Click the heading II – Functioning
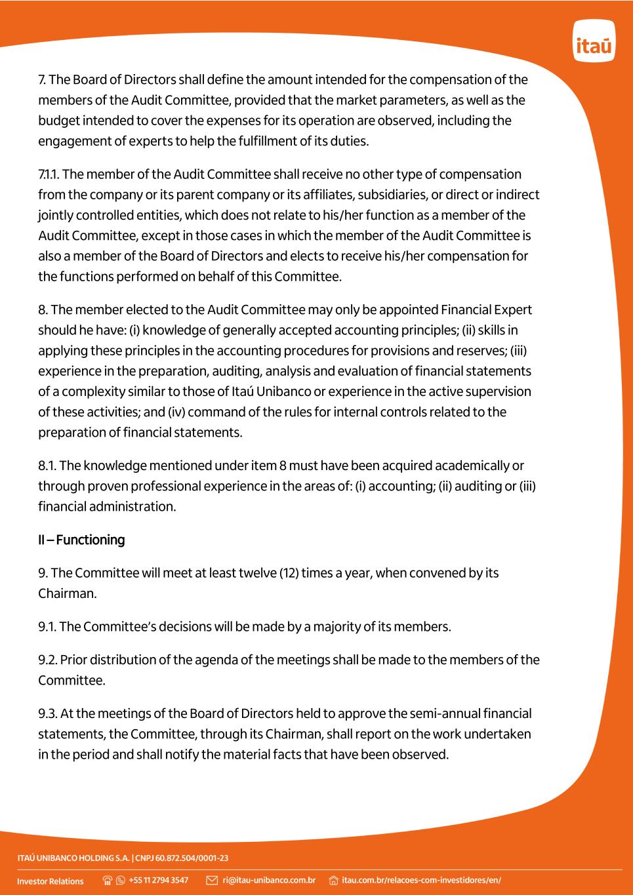point(81,540)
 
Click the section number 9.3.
point(47,713)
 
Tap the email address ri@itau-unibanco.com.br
point(269,880)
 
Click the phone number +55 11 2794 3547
point(159,880)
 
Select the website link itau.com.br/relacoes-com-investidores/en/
point(421,880)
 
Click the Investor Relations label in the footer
point(51,881)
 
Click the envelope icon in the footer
point(212,880)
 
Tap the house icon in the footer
point(333,880)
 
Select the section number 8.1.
point(47,466)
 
